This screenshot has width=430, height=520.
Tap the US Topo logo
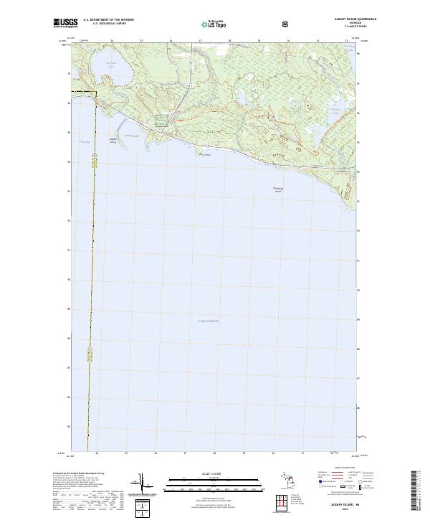tap(212, 24)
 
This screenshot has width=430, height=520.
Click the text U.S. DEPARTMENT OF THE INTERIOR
tap(108, 20)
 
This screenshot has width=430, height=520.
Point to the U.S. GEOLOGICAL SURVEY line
tap(105, 24)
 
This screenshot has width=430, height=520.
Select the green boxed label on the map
tap(162, 120)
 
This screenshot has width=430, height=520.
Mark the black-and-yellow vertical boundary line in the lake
tap(90, 287)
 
